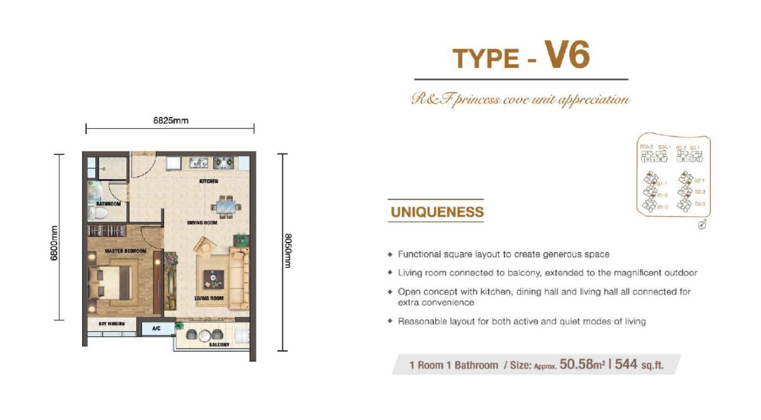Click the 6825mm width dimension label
(170, 120)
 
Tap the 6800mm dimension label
(55, 242)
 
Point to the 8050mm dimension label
(287, 251)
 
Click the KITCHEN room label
(209, 181)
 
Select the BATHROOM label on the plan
(108, 203)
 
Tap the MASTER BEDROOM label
(125, 251)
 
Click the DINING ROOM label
(202, 223)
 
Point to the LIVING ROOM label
(209, 298)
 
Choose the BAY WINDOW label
(112, 324)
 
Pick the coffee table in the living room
(213, 278)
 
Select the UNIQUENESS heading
(437, 212)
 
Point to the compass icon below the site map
(702, 225)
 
